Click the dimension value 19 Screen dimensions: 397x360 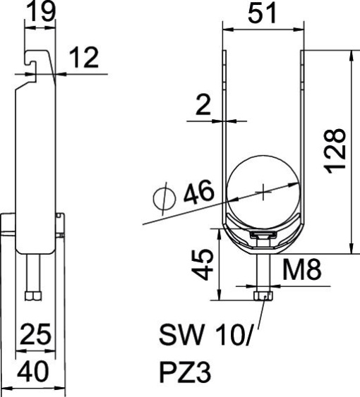[x=40, y=12]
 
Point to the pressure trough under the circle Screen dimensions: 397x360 [x=263, y=237]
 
